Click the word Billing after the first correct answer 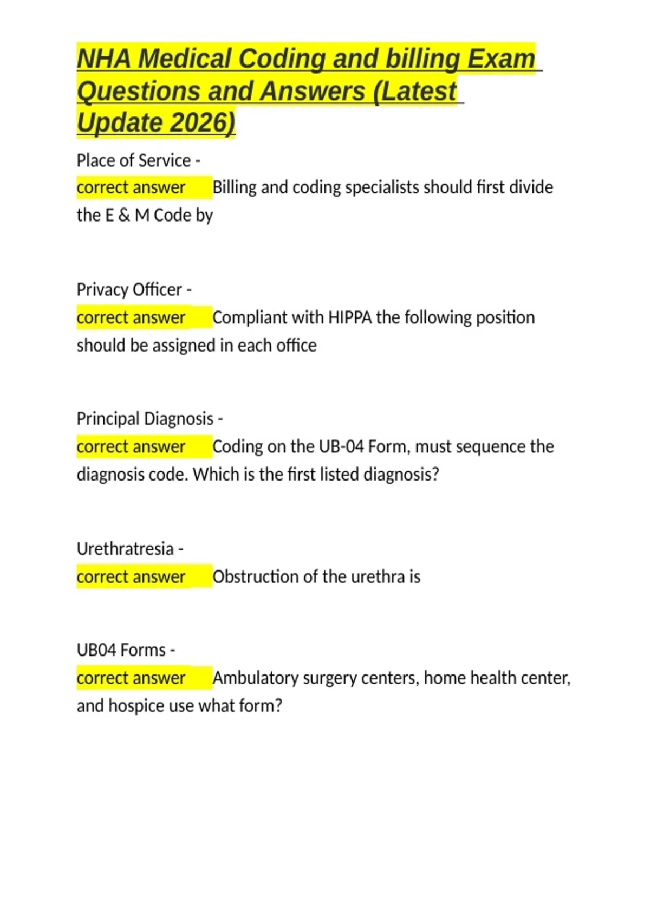click(234, 187)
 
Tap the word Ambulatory click(255, 678)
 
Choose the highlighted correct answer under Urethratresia click(131, 576)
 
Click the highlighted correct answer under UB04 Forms click(131, 678)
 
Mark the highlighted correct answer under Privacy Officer click(131, 317)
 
